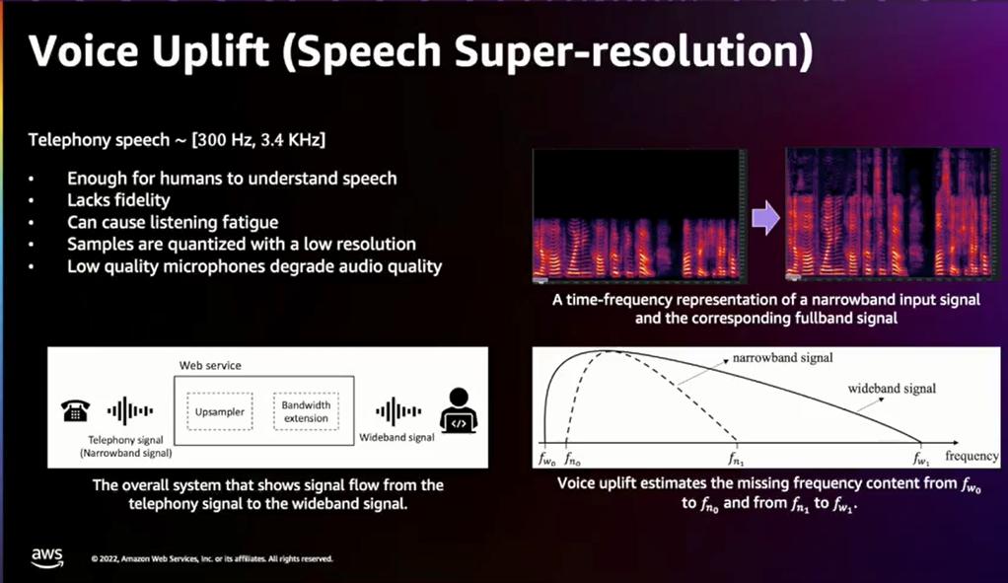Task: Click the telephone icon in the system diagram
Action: pos(75,410)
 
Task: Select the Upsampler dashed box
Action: pos(220,411)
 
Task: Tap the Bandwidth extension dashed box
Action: pos(306,411)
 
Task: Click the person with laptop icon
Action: pos(459,410)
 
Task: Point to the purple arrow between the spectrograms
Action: pos(765,218)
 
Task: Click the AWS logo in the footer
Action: pos(47,558)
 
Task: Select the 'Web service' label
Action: pos(210,365)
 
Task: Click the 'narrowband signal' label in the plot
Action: pos(782,357)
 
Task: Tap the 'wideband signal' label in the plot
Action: pos(892,389)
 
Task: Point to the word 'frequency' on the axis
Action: pos(972,456)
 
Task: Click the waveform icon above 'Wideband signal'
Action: pos(398,411)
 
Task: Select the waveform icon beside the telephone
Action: pos(130,410)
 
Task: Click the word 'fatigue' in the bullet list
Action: pos(251,222)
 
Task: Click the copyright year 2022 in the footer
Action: pos(108,558)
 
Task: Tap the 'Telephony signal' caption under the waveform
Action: pos(125,440)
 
